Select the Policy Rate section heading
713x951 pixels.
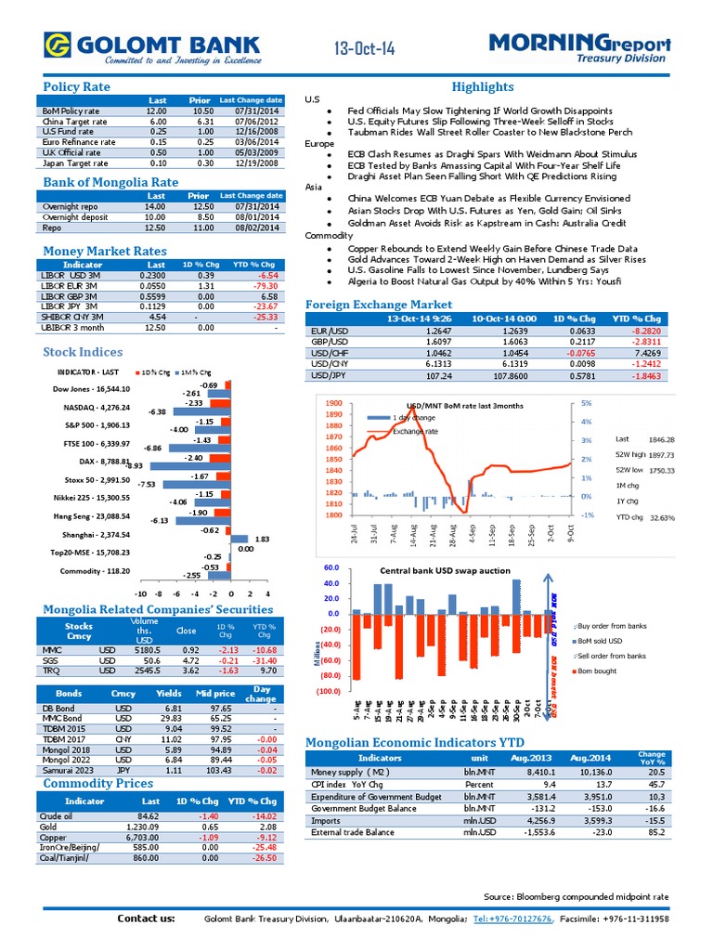(76, 86)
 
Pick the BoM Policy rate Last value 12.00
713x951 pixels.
(156, 111)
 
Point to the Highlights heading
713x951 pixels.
(482, 86)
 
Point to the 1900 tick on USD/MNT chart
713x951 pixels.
(334, 404)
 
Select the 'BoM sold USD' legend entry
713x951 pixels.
(602, 641)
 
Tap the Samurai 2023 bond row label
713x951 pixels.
(68, 771)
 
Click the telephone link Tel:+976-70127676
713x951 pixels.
(514, 918)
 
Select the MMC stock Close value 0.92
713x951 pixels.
(191, 651)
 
